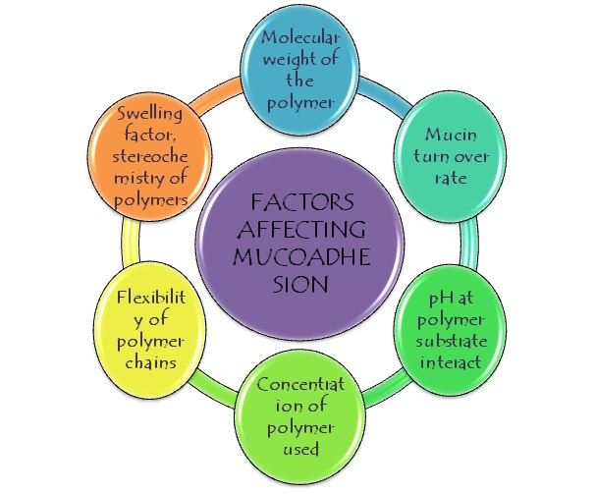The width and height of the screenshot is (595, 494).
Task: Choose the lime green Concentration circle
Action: [302, 412]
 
